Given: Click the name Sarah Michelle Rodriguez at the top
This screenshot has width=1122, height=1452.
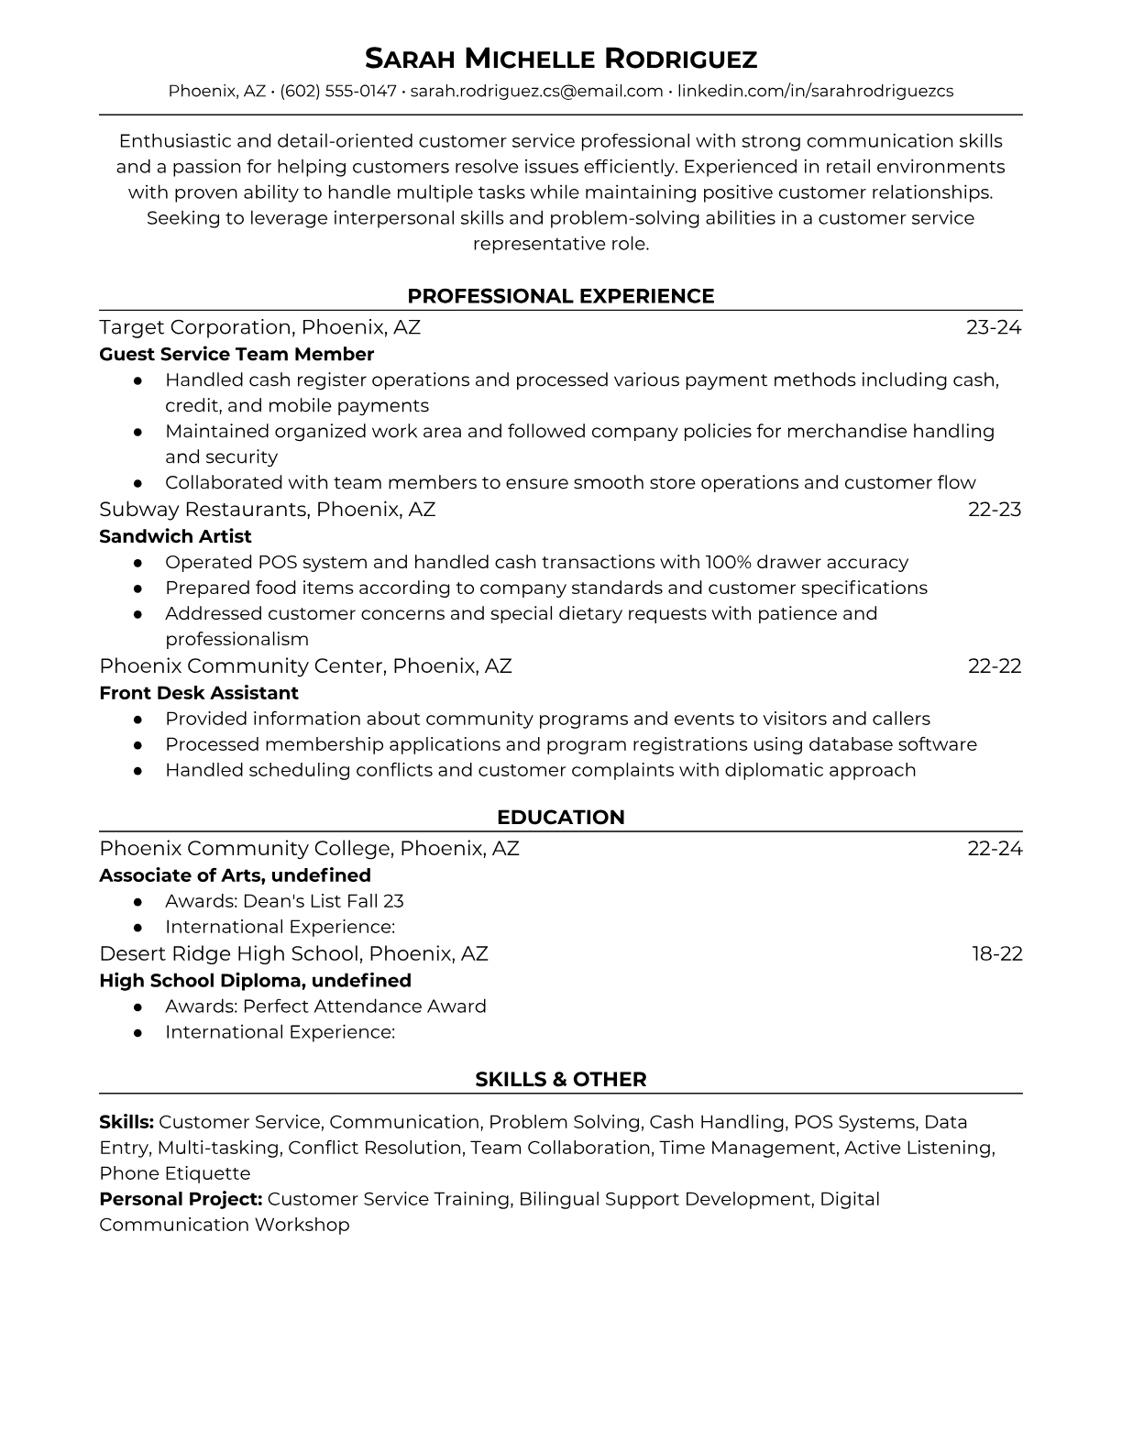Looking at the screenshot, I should (x=561, y=59).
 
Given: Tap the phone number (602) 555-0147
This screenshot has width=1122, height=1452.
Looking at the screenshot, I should (x=338, y=91).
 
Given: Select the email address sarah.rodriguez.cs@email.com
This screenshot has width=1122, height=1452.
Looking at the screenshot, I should (x=536, y=91).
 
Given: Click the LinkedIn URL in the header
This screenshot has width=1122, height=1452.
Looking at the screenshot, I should (x=815, y=91).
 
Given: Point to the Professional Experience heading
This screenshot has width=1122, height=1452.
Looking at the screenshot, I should (x=561, y=296).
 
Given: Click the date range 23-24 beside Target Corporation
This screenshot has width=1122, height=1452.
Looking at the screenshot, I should (x=994, y=327).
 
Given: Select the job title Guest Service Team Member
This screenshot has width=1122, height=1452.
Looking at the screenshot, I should (x=236, y=354).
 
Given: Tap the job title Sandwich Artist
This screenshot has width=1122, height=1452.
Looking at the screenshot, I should (x=175, y=536).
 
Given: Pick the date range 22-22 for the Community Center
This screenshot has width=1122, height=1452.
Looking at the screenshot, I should (x=995, y=665).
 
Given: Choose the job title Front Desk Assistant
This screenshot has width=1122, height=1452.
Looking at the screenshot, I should (x=199, y=693).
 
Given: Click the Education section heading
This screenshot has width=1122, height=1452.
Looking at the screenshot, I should (x=561, y=818).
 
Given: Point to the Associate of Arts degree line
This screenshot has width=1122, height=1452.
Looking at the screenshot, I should (x=235, y=875).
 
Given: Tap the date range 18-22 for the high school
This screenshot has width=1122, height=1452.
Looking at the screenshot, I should (x=997, y=953).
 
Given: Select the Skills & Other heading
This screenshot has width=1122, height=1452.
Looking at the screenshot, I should (x=561, y=1080).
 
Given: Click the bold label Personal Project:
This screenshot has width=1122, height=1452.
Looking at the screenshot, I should (x=181, y=1199).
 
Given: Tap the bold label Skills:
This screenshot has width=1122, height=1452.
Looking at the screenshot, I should (x=126, y=1122).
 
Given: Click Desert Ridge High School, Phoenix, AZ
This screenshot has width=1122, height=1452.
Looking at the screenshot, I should (x=293, y=953).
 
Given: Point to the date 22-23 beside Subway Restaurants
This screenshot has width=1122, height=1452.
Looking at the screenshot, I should (x=995, y=509).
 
